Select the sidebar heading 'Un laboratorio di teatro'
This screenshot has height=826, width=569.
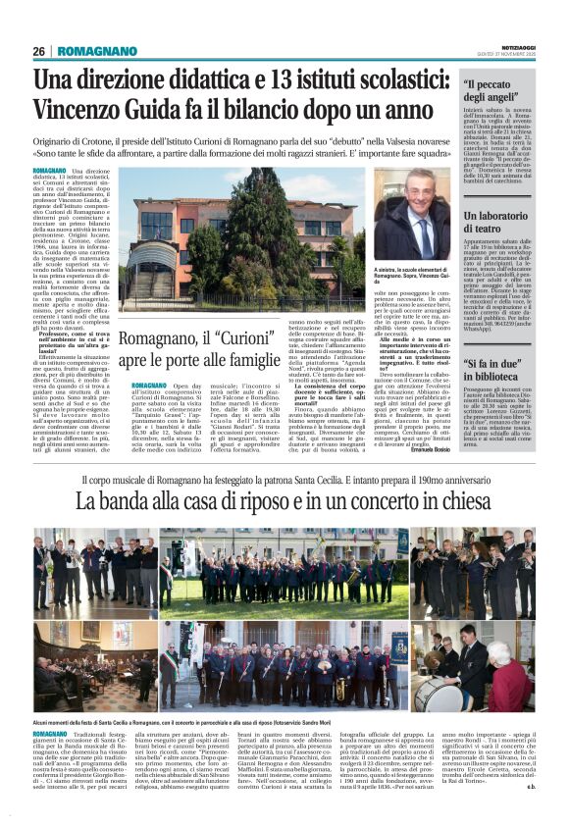[496, 222]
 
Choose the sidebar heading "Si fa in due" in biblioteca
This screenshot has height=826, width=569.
[495, 369]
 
